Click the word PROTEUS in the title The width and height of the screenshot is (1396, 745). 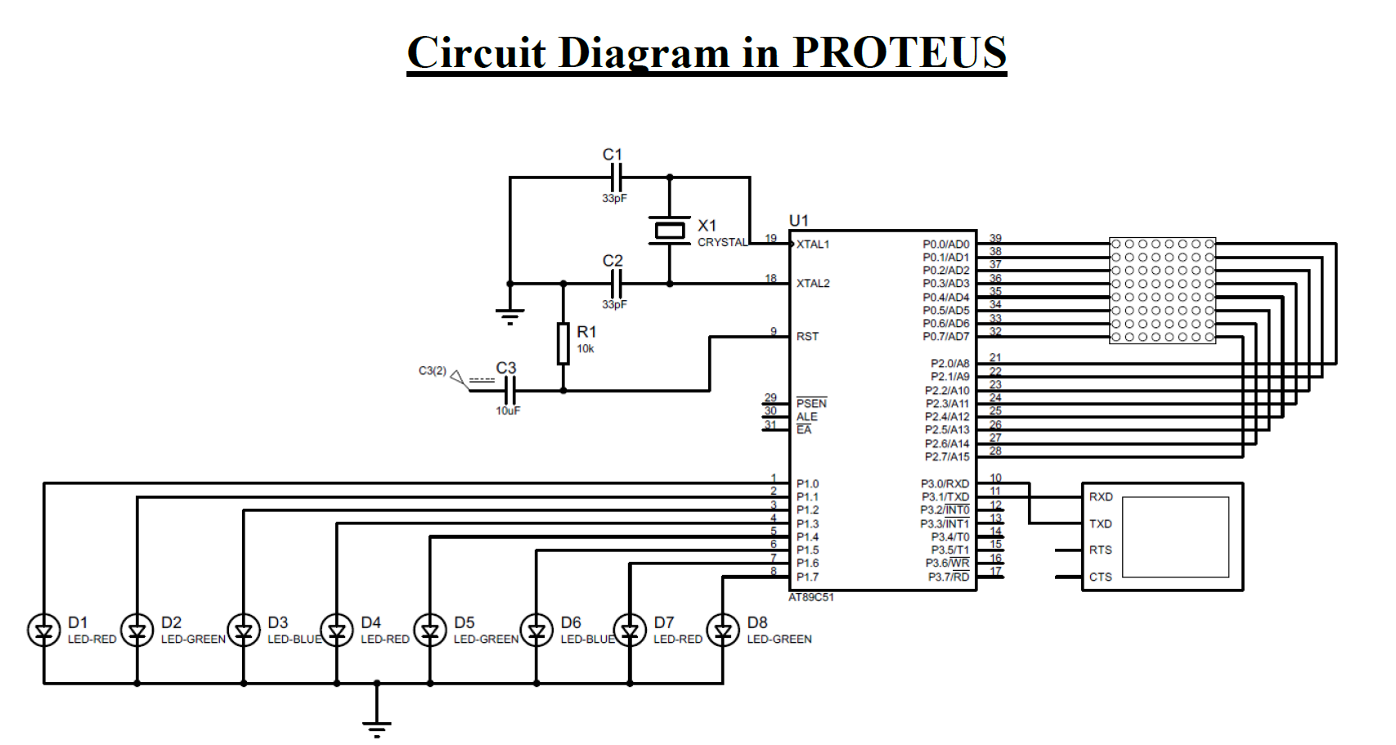point(899,53)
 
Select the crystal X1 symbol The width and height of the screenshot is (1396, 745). point(670,231)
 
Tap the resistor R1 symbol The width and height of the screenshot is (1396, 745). point(563,343)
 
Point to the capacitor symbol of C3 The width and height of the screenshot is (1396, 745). point(509,391)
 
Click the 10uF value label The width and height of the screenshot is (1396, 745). point(507,411)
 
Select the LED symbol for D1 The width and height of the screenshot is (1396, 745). point(43,631)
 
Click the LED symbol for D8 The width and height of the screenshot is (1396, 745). point(723,631)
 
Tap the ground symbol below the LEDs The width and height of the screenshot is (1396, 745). point(376,726)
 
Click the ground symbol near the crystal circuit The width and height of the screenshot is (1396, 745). point(509,315)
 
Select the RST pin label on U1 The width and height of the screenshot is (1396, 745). point(807,336)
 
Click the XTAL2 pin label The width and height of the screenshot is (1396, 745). point(813,284)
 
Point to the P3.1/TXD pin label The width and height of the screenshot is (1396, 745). point(945,497)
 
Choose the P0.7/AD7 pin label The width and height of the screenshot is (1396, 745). point(945,336)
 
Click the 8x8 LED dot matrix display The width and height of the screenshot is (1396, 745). point(1162,290)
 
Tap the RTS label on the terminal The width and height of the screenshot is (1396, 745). point(1100,550)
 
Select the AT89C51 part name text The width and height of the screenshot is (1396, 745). point(811,598)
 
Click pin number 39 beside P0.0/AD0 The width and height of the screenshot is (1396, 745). point(995,238)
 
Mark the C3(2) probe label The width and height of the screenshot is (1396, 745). point(433,371)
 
